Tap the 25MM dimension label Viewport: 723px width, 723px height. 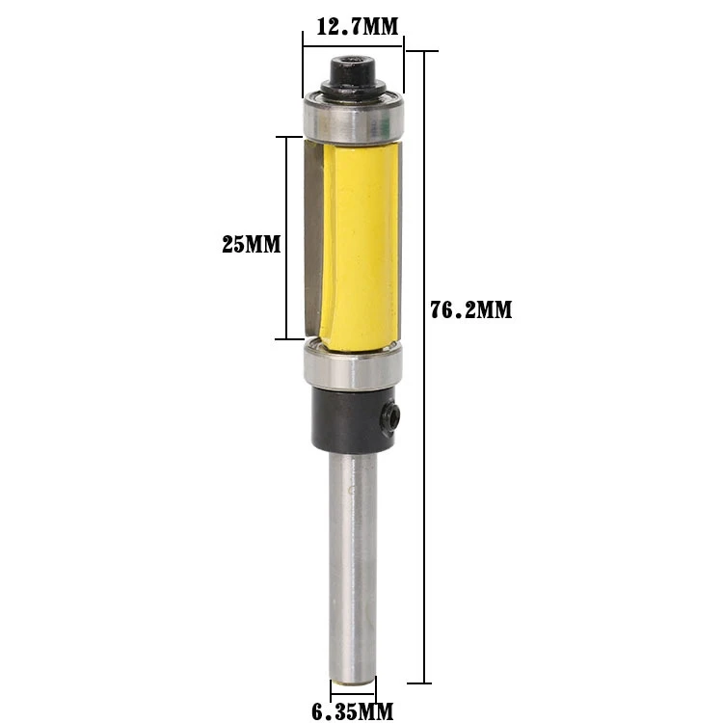click(252, 245)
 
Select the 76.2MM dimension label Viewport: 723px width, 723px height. click(470, 310)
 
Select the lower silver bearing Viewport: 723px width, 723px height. click(353, 366)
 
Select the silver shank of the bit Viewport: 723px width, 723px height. click(353, 559)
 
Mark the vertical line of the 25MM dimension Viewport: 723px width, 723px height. click(286, 193)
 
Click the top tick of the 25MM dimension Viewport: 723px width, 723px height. click(295, 137)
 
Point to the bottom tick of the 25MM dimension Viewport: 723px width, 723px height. click(295, 339)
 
